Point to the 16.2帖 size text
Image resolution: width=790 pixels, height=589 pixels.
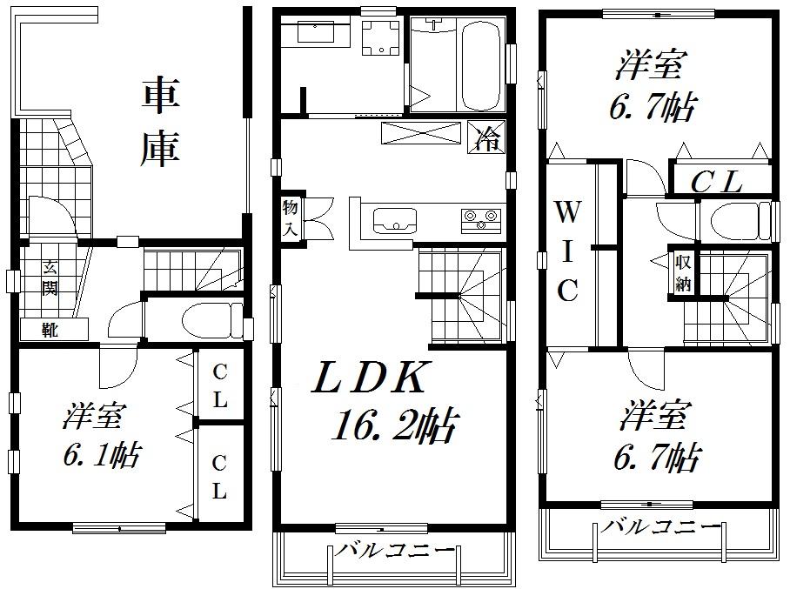coord(394,425)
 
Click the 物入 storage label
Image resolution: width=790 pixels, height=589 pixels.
coord(290,218)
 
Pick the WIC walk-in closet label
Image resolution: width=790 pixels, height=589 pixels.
coord(567,251)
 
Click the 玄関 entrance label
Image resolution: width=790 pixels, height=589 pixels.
coord(50,278)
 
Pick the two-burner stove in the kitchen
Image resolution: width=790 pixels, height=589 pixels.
coord(479,218)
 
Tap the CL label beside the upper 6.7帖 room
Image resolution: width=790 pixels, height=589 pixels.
coord(716,182)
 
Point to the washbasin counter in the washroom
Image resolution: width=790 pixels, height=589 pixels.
coord(313,35)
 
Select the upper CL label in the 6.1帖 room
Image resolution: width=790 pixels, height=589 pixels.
coord(219,387)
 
